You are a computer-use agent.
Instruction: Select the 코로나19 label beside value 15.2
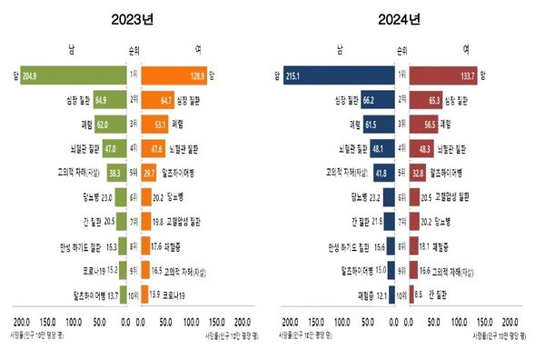pos(87,269)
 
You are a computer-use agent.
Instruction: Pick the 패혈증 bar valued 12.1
pos(391,294)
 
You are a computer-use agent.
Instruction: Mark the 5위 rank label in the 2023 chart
pos(132,171)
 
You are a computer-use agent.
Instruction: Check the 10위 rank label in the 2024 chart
pos(401,294)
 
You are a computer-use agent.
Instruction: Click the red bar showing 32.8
pos(419,171)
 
